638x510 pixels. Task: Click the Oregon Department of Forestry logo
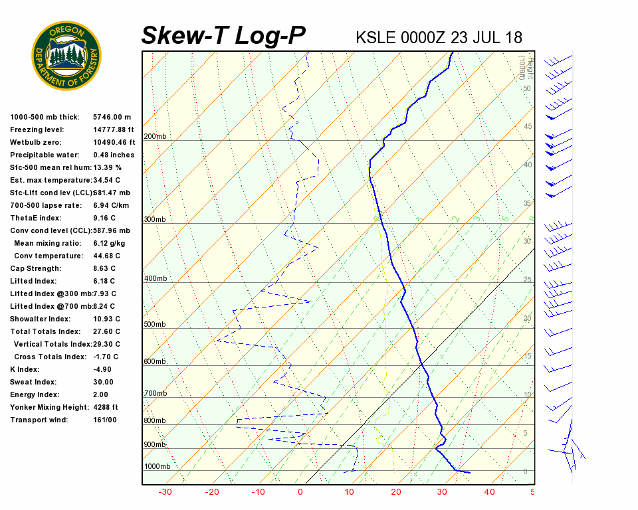click(66, 56)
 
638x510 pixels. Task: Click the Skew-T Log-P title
click(223, 36)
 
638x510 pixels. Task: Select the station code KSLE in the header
click(376, 37)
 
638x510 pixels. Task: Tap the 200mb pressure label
click(156, 137)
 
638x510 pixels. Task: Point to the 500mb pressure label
click(156, 325)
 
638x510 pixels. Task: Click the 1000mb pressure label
click(158, 466)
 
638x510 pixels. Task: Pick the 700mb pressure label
click(156, 394)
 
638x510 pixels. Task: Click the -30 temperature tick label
click(165, 492)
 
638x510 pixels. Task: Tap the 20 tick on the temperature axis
click(396, 492)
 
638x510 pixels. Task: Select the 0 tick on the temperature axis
click(300, 492)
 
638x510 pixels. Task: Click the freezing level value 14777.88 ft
click(114, 129)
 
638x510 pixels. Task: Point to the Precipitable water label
click(39, 155)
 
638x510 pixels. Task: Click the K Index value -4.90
click(102, 369)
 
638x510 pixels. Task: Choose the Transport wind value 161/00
click(105, 420)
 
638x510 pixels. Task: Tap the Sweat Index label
click(33, 382)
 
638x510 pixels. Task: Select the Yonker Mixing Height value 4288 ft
click(106, 407)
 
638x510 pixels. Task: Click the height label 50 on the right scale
click(526, 88)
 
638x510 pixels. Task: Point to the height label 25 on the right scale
click(527, 280)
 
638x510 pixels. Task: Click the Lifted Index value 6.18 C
click(105, 281)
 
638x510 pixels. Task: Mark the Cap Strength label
click(35, 268)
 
